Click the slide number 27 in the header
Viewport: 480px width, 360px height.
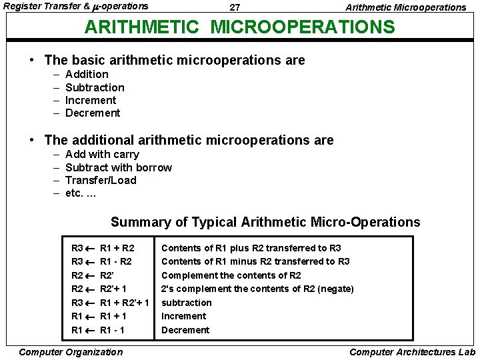tap(235, 7)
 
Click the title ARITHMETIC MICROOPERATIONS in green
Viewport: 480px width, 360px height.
tap(239, 27)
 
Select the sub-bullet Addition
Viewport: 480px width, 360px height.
tap(87, 75)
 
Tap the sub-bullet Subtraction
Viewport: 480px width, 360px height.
tap(95, 87)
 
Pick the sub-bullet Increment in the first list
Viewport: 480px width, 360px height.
tap(91, 100)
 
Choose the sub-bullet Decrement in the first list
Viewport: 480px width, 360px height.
tap(93, 113)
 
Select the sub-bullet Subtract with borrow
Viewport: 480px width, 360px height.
tap(119, 167)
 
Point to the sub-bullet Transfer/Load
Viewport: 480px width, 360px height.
tap(101, 180)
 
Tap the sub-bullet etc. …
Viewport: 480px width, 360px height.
tap(81, 193)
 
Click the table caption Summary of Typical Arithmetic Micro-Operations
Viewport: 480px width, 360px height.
tap(265, 222)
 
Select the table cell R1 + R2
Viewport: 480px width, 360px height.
tap(117, 248)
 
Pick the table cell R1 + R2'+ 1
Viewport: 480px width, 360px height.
tap(124, 303)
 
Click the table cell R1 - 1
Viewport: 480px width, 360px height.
tap(112, 330)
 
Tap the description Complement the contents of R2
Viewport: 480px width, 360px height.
tap(231, 275)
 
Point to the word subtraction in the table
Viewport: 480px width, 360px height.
tap(186, 303)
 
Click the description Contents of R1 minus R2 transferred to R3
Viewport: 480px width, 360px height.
tap(255, 261)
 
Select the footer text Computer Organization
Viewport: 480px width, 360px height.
tap(71, 352)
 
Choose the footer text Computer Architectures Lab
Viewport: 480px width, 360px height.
tap(412, 352)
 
